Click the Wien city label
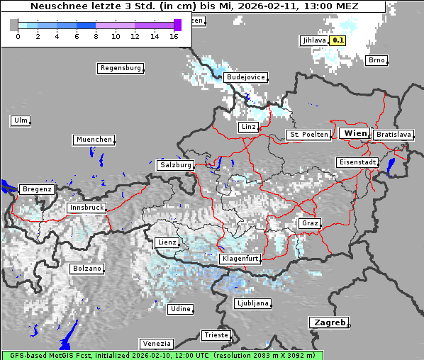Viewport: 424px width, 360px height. click(x=355, y=133)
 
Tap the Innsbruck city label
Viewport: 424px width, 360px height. click(x=87, y=208)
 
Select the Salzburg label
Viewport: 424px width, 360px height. click(x=176, y=164)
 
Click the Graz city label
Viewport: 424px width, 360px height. click(x=309, y=223)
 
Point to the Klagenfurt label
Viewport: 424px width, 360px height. click(x=240, y=259)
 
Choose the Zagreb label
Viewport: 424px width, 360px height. click(x=328, y=322)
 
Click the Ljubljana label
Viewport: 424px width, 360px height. click(x=252, y=303)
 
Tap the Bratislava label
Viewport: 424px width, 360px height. click(x=394, y=134)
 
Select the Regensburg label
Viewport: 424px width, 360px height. click(x=121, y=68)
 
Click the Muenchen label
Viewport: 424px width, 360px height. click(x=94, y=140)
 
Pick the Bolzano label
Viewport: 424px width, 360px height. click(x=87, y=269)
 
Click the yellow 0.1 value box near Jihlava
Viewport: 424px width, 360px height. click(x=338, y=40)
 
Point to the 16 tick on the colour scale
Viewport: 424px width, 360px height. click(x=174, y=35)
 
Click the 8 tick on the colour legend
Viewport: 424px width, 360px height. click(x=96, y=35)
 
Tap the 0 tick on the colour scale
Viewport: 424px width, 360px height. click(x=18, y=35)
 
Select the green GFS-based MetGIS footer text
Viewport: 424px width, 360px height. click(x=162, y=355)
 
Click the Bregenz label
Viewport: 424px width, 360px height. click(x=37, y=189)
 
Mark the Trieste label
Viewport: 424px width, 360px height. click(x=216, y=334)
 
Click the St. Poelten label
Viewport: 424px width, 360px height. click(x=308, y=134)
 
